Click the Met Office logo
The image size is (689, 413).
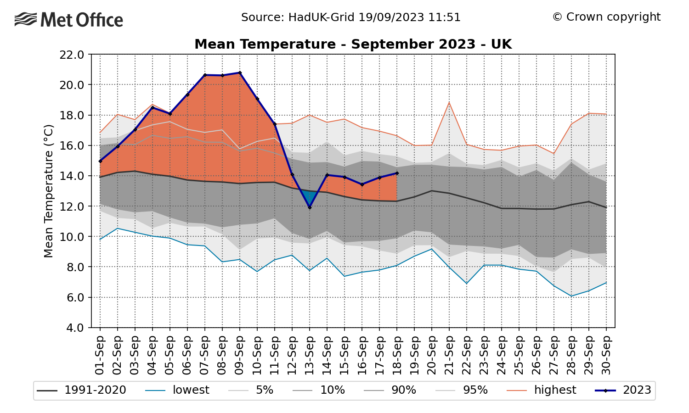tap(68, 19)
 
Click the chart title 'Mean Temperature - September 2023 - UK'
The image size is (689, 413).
tap(353, 44)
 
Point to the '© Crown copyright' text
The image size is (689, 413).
tap(606, 17)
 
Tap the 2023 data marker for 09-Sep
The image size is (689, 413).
tap(240, 73)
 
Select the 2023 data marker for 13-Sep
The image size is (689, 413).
tap(310, 208)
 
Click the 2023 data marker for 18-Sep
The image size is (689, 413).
tap(397, 173)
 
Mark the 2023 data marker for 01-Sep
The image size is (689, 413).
tap(100, 161)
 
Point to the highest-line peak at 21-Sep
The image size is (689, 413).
tap(449, 102)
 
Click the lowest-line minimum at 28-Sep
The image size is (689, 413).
tap(571, 296)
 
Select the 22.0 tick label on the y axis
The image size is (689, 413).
tap(72, 55)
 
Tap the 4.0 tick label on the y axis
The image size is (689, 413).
tap(75, 328)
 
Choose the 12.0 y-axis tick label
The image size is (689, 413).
tap(72, 206)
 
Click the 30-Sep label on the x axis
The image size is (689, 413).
tap(606, 355)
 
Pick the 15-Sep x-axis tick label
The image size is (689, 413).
tap(344, 355)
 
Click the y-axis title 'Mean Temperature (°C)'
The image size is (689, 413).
tap(49, 191)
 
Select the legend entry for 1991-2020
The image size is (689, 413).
tap(81, 390)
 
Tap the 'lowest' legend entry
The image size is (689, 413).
tap(177, 390)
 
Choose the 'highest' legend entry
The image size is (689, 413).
tap(542, 390)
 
